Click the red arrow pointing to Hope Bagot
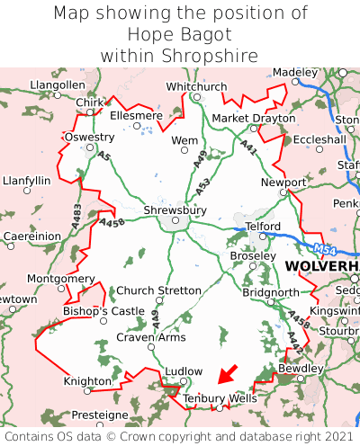click(229, 373)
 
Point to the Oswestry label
click(89, 137)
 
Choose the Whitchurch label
click(196, 86)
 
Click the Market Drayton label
click(254, 118)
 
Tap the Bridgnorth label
click(270, 292)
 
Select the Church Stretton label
click(160, 290)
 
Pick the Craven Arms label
click(151, 337)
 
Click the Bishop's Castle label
click(103, 311)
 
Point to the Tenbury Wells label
click(220, 397)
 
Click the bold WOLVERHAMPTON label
click(321, 268)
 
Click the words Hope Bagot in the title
click(180, 34)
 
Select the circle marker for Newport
click(283, 192)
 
